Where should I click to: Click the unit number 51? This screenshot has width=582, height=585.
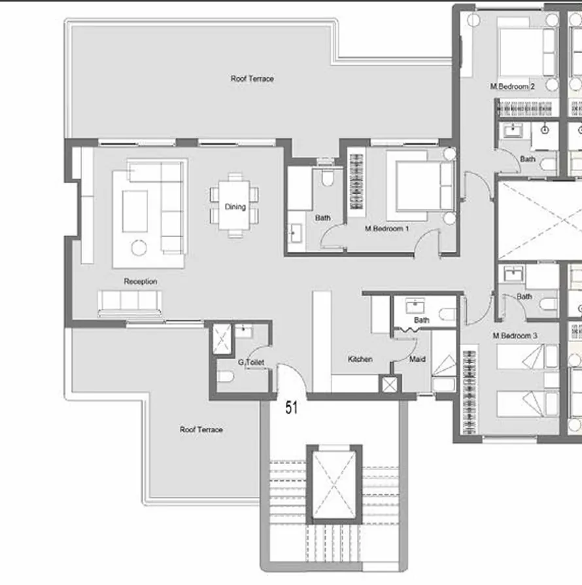(292, 408)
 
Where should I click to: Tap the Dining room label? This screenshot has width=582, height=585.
(235, 207)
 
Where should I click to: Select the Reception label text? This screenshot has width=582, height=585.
(141, 281)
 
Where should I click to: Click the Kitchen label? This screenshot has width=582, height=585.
(360, 359)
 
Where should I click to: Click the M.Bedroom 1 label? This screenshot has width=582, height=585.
(386, 229)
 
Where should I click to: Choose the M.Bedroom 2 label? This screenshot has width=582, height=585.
(513, 86)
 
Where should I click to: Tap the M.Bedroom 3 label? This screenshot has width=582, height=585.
(515, 336)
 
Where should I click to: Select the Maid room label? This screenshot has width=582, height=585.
(417, 359)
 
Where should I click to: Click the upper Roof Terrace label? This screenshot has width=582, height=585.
(252, 79)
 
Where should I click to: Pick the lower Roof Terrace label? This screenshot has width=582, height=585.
(201, 429)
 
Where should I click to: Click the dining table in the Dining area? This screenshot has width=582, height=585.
(235, 204)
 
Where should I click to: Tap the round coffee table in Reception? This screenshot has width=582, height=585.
(139, 247)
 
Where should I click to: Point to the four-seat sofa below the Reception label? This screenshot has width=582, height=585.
(129, 302)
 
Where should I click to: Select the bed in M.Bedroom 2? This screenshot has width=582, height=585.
(523, 49)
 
